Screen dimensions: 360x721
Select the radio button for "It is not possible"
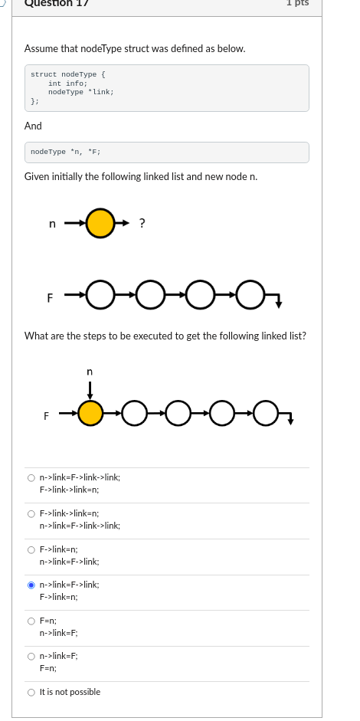click(x=31, y=692)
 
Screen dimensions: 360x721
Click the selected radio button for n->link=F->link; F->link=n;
click(x=31, y=585)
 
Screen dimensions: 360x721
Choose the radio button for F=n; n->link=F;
click(x=31, y=621)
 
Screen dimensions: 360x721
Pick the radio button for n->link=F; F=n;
click(x=31, y=656)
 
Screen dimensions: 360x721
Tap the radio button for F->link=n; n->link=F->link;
click(x=31, y=549)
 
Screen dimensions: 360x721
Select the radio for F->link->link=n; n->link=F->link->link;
click(x=31, y=513)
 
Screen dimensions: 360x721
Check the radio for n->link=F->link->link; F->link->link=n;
click(x=31, y=477)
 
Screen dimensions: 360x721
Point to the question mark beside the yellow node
click(x=142, y=224)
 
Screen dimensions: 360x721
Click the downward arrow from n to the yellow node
click(x=90, y=388)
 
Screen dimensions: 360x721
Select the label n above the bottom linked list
click(x=90, y=372)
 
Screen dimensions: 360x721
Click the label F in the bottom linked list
click(x=46, y=416)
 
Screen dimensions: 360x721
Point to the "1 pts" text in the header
click(x=297, y=3)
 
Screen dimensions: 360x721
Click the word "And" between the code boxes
click(x=33, y=126)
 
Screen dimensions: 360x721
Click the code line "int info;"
click(x=67, y=84)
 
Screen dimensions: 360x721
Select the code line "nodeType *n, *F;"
click(x=66, y=152)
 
